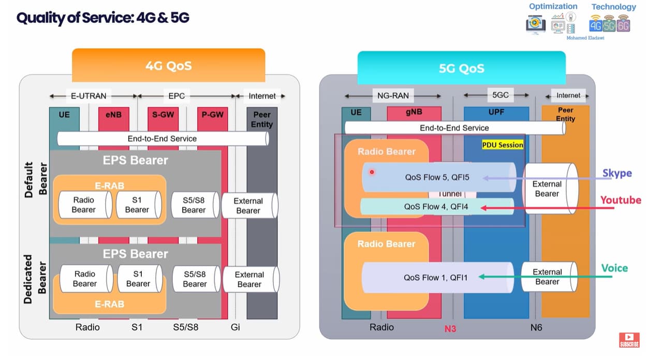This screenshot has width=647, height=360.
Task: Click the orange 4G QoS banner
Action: coord(168,66)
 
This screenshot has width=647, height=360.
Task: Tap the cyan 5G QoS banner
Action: coord(461,68)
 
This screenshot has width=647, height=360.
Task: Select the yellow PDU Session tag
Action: coord(503,145)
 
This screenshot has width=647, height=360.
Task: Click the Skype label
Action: coord(617,173)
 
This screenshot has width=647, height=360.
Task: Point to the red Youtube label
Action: coord(621,200)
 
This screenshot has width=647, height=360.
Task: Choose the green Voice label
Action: coord(614,268)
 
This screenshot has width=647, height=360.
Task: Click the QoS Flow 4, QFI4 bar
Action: coord(437,207)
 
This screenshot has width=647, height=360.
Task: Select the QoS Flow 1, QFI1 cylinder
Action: coord(436,278)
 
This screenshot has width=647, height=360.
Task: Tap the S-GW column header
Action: coord(163,114)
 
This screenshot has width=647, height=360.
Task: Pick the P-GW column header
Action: coord(212,114)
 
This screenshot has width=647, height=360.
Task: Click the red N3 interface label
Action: coord(450,328)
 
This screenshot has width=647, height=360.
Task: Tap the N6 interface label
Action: coord(536,327)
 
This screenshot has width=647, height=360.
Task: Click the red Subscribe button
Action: coord(628,340)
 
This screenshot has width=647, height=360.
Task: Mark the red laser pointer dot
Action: coord(371,172)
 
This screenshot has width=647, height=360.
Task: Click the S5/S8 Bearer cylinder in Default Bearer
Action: coord(194,205)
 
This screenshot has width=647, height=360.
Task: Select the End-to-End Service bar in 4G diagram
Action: coord(162,139)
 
